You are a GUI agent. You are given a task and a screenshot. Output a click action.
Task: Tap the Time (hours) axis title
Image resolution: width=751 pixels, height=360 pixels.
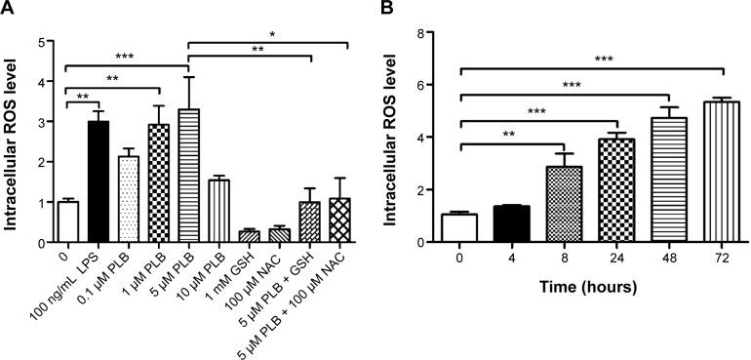point(582,289)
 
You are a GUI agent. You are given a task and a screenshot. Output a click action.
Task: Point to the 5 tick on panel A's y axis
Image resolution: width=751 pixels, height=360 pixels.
point(39,42)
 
